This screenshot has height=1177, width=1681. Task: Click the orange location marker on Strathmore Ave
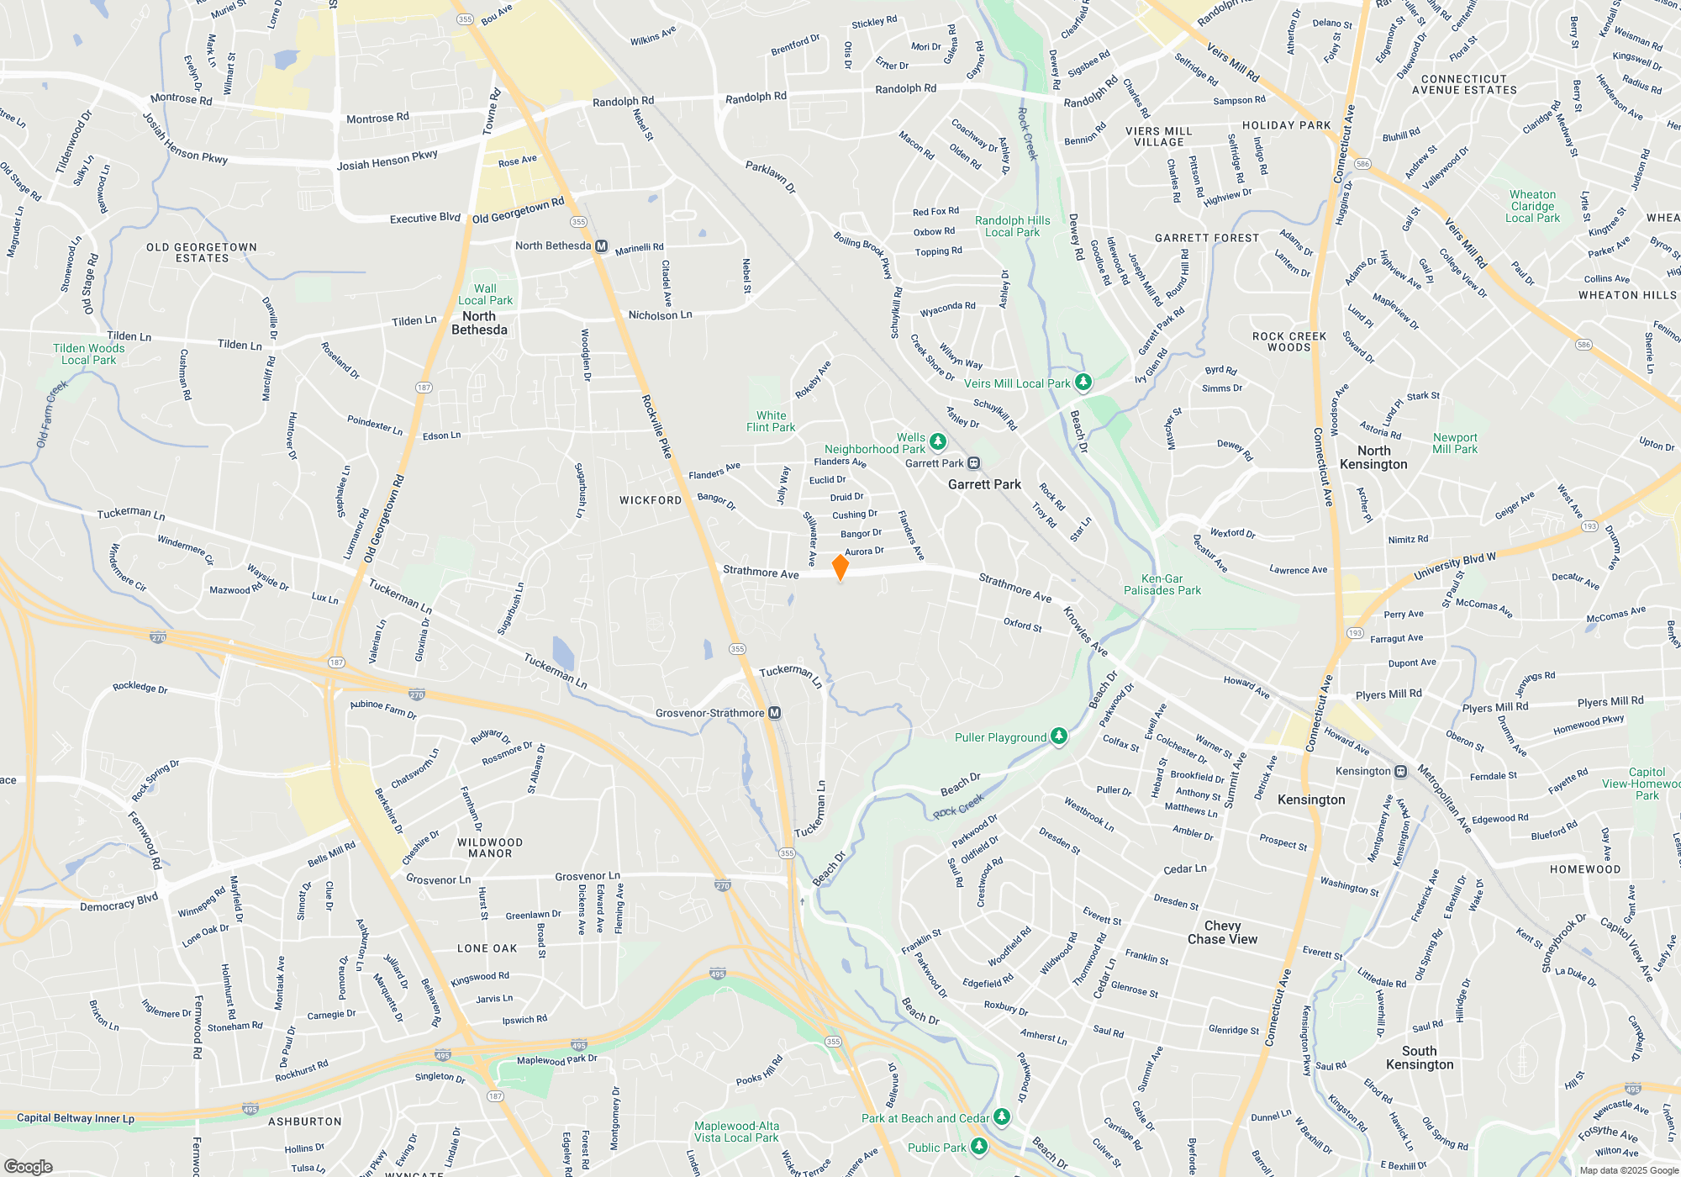840,567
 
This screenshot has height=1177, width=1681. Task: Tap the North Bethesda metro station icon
601,246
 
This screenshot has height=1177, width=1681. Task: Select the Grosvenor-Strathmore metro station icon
775,713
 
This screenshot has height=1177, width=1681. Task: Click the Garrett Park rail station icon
973,463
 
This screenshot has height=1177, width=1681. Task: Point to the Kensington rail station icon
1400,771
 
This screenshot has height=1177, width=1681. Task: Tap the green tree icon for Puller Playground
1059,736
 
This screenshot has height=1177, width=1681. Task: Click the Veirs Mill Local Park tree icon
1083,383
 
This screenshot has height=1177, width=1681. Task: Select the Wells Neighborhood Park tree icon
938,441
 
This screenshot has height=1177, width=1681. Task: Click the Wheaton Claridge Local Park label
1532,206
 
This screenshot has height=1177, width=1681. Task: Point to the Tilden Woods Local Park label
88,354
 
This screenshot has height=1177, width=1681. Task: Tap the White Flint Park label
771,421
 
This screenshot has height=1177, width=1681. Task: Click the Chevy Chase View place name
1222,932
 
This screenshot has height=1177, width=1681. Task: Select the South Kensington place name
1419,1058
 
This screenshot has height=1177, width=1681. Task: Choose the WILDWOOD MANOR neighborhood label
490,847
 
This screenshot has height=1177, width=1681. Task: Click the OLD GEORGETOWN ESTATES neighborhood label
202,252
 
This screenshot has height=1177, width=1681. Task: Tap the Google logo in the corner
28,1166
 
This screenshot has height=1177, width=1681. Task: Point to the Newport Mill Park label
1455,443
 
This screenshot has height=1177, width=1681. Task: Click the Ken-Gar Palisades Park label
1162,584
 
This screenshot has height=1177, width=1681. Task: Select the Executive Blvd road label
424,218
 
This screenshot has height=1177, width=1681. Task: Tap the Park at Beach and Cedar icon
1001,1116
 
